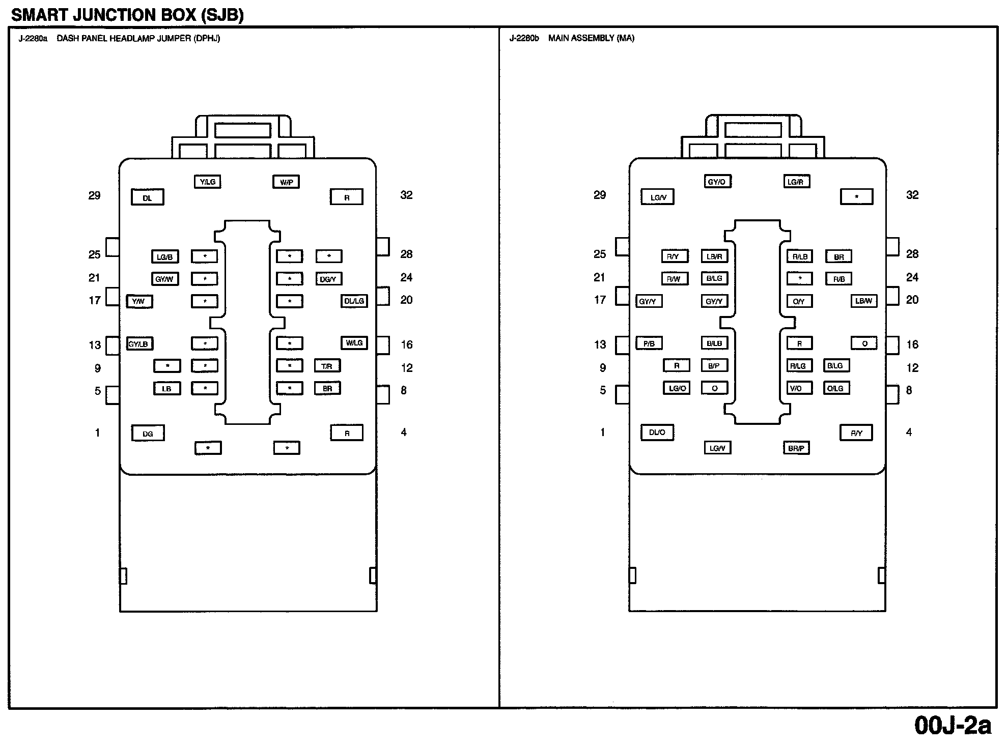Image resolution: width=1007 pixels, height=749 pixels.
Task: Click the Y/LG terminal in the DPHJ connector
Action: [x=208, y=182]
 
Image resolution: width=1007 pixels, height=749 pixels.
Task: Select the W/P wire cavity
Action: [x=286, y=182]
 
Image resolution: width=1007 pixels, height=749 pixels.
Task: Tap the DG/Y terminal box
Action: [x=328, y=279]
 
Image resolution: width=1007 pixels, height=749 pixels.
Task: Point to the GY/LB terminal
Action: [x=139, y=344]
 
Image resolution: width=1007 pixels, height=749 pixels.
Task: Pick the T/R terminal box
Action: [x=327, y=366]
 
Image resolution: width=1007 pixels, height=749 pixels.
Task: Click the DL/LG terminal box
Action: [x=354, y=301]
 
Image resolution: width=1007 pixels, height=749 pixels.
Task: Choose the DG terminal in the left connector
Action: [x=148, y=434]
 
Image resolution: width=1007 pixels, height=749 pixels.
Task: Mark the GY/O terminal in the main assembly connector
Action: [x=717, y=182]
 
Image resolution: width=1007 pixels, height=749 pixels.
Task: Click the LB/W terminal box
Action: [x=864, y=301]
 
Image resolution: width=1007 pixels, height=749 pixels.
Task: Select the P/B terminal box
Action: [x=649, y=344]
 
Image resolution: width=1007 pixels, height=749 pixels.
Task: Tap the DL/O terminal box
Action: [x=657, y=433]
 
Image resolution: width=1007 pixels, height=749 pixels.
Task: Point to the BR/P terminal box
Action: [x=796, y=448]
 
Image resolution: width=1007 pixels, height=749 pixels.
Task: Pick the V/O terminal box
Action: [x=796, y=388]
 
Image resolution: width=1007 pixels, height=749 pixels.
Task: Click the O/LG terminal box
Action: [x=835, y=388]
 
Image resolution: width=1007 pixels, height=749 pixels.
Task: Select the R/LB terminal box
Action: [x=800, y=256]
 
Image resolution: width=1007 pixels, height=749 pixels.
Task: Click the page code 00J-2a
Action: [x=953, y=726]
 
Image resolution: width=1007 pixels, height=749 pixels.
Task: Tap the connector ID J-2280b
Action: [x=524, y=38]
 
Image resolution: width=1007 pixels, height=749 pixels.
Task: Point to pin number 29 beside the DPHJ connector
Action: [x=95, y=195]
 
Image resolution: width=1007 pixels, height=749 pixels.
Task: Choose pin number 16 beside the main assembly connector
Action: [x=912, y=344]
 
